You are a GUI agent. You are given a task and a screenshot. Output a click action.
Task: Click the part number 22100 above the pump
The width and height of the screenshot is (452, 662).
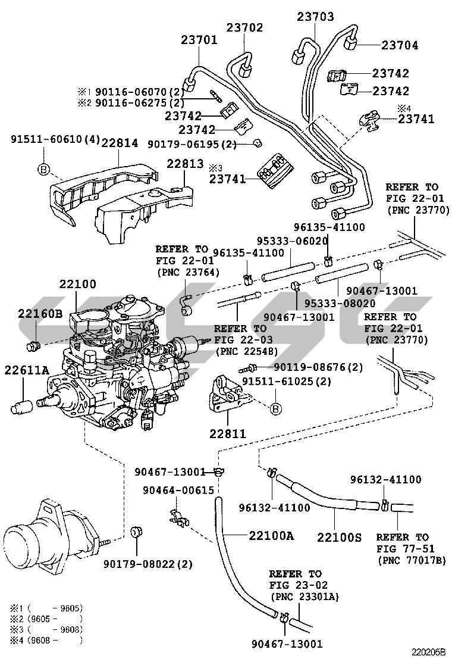pyautogui.click(x=77, y=285)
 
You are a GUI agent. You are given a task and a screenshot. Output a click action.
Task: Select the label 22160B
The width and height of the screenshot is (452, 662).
pyautogui.click(x=40, y=314)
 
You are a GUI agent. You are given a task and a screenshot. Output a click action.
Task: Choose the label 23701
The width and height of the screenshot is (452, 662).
pyautogui.click(x=199, y=40)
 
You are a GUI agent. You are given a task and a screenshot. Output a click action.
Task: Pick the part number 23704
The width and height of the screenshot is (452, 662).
pyautogui.click(x=400, y=45)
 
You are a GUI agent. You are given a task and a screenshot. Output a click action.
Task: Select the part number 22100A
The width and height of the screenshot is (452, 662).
pyautogui.click(x=271, y=536)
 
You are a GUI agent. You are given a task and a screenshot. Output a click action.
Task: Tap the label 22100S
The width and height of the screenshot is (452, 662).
pyautogui.click(x=339, y=537)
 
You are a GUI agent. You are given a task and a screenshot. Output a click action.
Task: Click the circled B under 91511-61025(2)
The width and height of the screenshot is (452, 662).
pyautogui.click(x=275, y=409)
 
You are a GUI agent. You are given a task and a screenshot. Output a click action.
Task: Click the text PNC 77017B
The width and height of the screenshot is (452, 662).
pyautogui.click(x=411, y=560)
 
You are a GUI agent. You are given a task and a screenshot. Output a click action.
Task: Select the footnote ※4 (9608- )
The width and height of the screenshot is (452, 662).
pyautogui.click(x=45, y=641)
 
